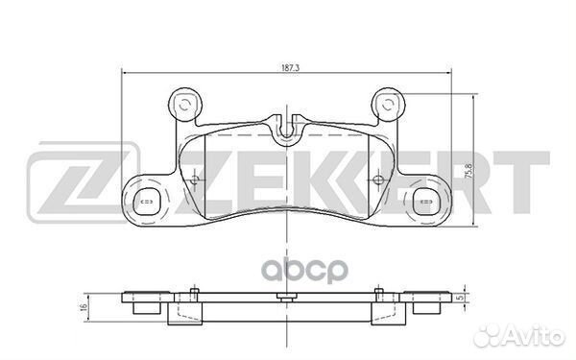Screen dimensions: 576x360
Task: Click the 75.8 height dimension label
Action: coord(468,171)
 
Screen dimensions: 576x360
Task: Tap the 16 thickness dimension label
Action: coord(84,307)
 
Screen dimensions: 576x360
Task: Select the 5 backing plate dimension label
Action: coord(460,298)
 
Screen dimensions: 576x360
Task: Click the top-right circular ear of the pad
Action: coord(388,105)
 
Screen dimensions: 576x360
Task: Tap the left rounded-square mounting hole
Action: coord(146,202)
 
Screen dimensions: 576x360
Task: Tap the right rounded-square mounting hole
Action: coord(426,202)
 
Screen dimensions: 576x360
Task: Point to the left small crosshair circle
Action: coord(195,180)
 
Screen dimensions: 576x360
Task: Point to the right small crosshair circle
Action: coord(377,180)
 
